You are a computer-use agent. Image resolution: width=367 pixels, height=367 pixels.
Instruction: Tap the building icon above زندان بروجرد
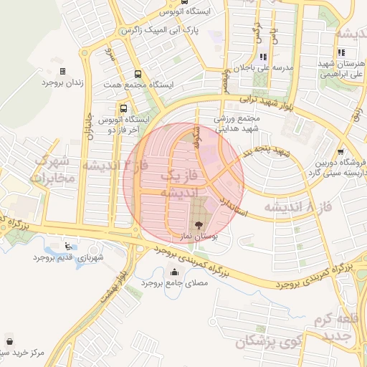click(x=62, y=71)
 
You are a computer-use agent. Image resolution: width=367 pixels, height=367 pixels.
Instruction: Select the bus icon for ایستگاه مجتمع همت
click(x=137, y=73)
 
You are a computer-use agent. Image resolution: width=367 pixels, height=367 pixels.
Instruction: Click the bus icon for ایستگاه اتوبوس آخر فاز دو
click(x=125, y=109)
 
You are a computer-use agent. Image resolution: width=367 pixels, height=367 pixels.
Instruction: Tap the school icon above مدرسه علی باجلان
click(x=264, y=56)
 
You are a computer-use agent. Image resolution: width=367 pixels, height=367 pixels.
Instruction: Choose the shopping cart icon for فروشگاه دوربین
click(x=340, y=151)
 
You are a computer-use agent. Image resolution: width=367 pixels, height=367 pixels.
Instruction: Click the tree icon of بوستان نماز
click(x=199, y=224)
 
